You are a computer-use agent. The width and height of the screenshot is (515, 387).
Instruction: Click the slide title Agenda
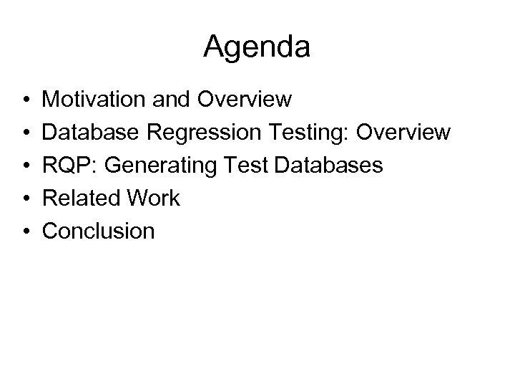pos(257,48)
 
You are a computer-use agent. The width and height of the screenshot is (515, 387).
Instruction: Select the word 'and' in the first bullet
pos(170,98)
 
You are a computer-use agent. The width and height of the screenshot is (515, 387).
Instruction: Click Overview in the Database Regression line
pos(407,132)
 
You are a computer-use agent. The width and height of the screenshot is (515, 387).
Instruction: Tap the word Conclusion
pos(99,231)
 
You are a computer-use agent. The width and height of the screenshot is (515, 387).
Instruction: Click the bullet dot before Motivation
pos(24,99)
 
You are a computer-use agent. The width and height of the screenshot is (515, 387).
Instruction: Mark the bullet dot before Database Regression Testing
pos(24,133)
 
